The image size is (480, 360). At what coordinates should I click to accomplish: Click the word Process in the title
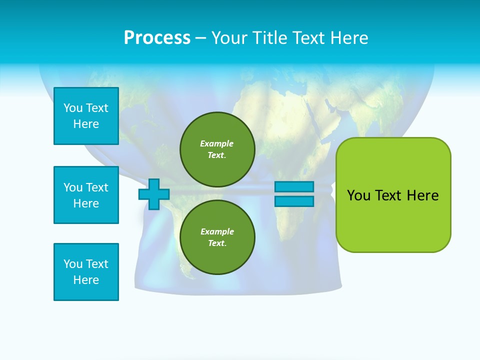pyautogui.click(x=157, y=38)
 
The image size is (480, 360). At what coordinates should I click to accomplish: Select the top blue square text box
pyautogui.click(x=86, y=116)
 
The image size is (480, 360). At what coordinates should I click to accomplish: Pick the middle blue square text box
pyautogui.click(x=86, y=195)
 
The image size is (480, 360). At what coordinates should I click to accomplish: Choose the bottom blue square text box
pyautogui.click(x=86, y=272)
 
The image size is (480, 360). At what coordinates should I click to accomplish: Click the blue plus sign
pyautogui.click(x=154, y=194)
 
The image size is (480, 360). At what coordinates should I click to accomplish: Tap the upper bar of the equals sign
pyautogui.click(x=294, y=186)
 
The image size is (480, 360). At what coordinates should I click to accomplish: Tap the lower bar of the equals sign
pyautogui.click(x=294, y=201)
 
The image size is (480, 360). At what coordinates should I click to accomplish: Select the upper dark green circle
pyautogui.click(x=217, y=149)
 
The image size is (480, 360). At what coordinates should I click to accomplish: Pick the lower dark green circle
pyautogui.click(x=217, y=237)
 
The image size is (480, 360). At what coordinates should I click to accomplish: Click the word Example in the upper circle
pyautogui.click(x=216, y=143)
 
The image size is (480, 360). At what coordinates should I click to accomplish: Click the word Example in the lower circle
pyautogui.click(x=217, y=231)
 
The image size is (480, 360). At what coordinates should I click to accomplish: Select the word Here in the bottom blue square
pyautogui.click(x=86, y=280)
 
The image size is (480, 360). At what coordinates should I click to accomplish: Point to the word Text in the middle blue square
pyautogui.click(x=97, y=187)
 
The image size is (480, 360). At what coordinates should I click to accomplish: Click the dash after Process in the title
pyautogui.click(x=201, y=38)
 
